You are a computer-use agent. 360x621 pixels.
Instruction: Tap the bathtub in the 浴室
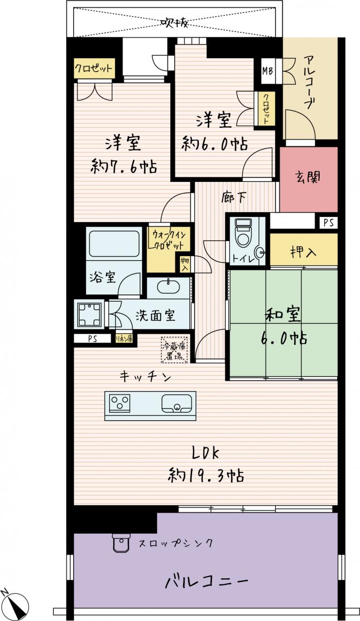tap(114, 244)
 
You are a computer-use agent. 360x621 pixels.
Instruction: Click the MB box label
tap(268, 71)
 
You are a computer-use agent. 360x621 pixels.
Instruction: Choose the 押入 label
tap(303, 252)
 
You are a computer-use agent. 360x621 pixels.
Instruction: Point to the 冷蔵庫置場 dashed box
tap(175, 350)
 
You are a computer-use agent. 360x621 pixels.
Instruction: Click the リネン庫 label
tap(124, 339)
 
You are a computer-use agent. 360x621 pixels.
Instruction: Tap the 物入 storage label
tap(185, 264)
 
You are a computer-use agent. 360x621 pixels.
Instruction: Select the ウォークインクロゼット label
tap(168, 240)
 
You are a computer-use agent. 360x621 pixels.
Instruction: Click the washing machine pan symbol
tap(89, 314)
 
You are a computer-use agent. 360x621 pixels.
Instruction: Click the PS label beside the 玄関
tap(329, 223)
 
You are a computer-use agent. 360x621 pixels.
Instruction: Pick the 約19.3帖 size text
tap(206, 476)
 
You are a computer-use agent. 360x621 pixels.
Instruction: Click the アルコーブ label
tap(310, 82)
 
